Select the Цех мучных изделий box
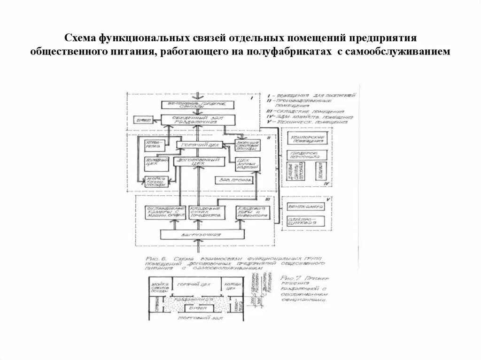tap(247, 164)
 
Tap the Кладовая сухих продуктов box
tap(205, 212)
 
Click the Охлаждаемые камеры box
tap(161, 212)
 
